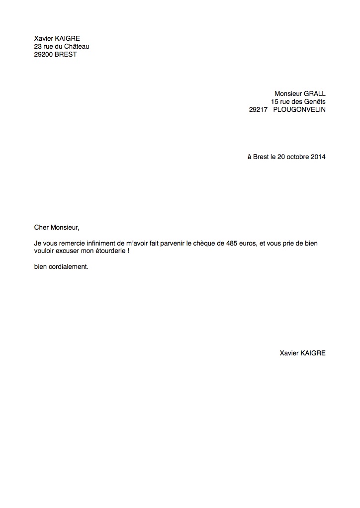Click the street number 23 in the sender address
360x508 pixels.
pyautogui.click(x=38, y=47)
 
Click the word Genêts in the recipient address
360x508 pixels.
pyautogui.click(x=314, y=101)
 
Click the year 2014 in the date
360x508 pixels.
pyautogui.click(x=318, y=157)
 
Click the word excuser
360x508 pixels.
pyautogui.click(x=69, y=252)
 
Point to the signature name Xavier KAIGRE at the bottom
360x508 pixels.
pyautogui.click(x=303, y=353)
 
